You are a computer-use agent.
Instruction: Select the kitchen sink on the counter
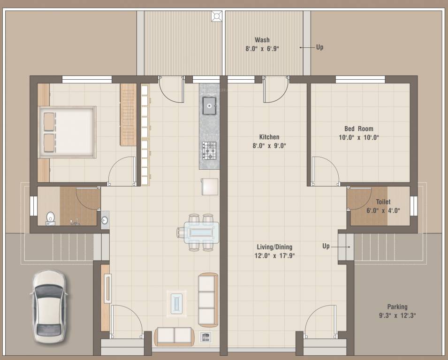tap(209, 105)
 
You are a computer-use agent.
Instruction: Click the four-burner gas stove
tap(209, 150)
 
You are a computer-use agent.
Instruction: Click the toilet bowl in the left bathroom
tap(50, 218)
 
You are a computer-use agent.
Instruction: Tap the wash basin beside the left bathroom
tap(105, 220)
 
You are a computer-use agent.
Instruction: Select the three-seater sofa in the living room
tap(208, 300)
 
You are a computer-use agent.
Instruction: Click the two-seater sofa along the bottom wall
tap(174, 336)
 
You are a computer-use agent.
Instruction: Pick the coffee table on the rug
tap(177, 302)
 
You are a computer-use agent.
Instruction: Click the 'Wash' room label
tap(262, 40)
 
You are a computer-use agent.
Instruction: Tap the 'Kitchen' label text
tap(269, 137)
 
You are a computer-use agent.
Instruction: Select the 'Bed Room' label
tap(358, 129)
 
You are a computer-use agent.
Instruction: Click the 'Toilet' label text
tap(383, 202)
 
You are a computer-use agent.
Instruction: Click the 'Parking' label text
tap(397, 307)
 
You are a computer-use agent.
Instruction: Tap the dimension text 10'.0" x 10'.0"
tap(358, 138)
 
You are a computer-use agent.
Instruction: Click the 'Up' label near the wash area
tap(319, 47)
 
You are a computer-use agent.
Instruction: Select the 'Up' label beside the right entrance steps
tap(326, 246)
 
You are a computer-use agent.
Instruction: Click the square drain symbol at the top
tap(216, 16)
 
